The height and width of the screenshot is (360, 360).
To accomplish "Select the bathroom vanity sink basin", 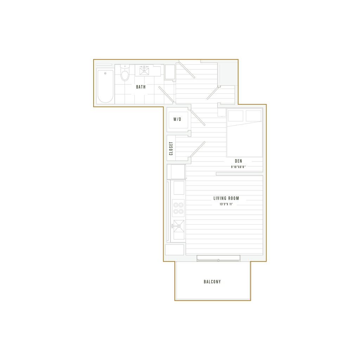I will click(x=144, y=71).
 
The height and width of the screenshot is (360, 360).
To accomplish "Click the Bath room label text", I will click(x=141, y=86).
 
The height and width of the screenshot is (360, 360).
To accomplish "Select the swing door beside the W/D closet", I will click(x=198, y=117).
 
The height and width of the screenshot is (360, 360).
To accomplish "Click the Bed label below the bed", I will click(x=238, y=161).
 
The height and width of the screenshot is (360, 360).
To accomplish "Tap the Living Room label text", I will click(x=226, y=199).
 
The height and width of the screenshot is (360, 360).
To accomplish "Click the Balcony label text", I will click(x=212, y=282).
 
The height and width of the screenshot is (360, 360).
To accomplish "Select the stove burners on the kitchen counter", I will click(x=178, y=208).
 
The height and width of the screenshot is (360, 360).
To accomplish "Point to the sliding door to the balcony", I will click(x=218, y=259).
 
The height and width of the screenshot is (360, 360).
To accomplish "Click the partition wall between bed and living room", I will click(x=239, y=174).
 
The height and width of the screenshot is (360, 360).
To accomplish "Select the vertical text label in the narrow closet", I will click(x=171, y=149).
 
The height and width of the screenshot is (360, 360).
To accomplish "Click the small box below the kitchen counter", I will click(x=175, y=250).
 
